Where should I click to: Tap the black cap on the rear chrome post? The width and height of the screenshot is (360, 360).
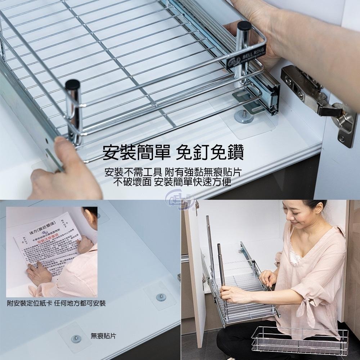pyautogui.click(x=244, y=26)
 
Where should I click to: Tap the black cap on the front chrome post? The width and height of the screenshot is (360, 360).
pyautogui.click(x=72, y=85)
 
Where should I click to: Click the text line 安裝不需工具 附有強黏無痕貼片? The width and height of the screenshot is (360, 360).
pyautogui.click(x=173, y=172)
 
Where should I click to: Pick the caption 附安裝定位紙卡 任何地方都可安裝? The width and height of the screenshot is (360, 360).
pyautogui.click(x=57, y=303)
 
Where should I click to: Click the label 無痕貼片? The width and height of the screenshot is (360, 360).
pyautogui.click(x=103, y=336)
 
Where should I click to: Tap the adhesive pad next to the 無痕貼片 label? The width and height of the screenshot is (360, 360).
pyautogui.click(x=75, y=337)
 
